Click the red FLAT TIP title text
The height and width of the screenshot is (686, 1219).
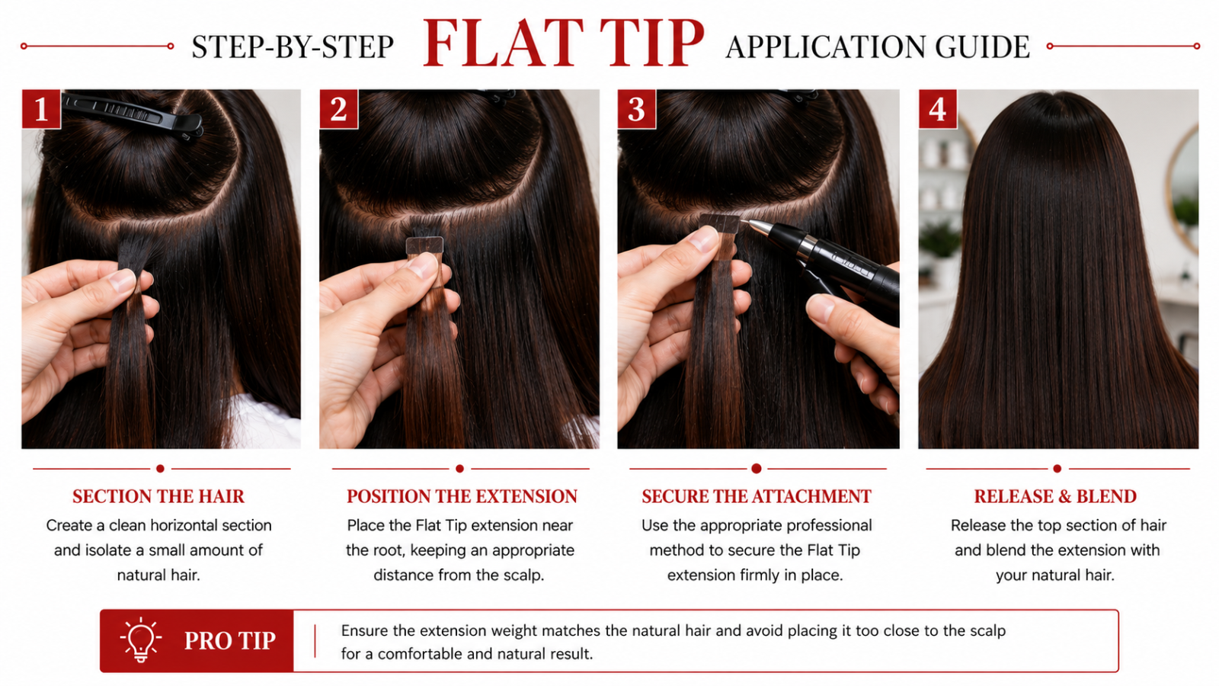point(563,43)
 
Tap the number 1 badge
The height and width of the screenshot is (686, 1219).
point(41,109)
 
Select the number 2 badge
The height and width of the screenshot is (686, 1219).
point(338,109)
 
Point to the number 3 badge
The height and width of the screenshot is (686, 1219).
point(636,109)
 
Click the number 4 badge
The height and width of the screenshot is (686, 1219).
point(937,109)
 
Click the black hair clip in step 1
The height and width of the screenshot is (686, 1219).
point(133,115)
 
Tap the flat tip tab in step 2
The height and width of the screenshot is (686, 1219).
point(424,245)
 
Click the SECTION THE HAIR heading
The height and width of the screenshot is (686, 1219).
point(158,496)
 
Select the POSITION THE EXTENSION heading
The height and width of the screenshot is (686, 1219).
point(462,496)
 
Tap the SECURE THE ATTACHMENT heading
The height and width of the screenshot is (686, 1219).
point(757,496)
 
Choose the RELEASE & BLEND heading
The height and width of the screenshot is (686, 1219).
point(1055,496)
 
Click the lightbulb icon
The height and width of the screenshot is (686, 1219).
point(141,640)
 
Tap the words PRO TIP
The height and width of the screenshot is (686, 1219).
point(229,641)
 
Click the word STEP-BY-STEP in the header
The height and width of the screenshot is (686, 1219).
point(293,46)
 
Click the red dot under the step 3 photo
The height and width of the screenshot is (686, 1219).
point(756,468)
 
